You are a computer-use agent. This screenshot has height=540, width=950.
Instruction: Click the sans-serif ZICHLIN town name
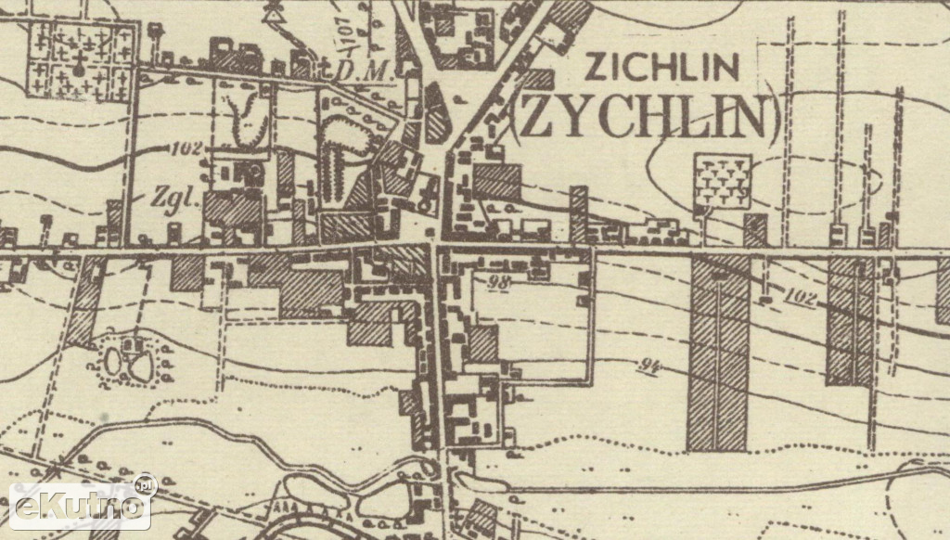point(662,68)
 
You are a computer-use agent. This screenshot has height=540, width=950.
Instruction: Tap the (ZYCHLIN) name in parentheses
point(645,115)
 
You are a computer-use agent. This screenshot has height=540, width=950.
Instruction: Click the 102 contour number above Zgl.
point(186,148)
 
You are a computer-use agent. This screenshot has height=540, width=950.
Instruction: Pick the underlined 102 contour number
point(803,298)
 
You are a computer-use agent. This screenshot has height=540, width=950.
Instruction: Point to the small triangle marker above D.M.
point(274,11)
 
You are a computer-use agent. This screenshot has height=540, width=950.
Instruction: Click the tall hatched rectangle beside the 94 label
point(718,353)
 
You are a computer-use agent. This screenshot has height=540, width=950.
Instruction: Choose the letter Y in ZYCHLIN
point(565,116)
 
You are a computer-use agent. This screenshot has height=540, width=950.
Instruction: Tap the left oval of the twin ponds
point(112,361)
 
